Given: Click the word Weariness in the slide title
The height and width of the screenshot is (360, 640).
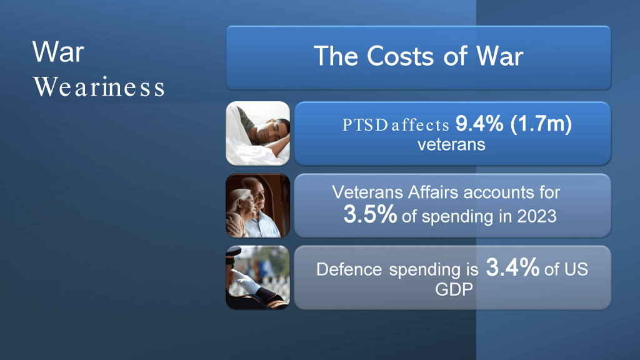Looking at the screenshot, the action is click(99, 87).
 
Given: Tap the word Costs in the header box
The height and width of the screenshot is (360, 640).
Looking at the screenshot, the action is click(400, 56).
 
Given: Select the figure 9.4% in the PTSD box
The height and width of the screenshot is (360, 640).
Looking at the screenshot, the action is click(479, 123).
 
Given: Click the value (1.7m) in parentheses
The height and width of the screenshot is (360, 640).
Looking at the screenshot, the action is click(541, 124).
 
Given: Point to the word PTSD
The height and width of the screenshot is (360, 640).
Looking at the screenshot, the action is click(364, 125).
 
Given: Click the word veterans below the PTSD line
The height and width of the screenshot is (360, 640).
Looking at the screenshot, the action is click(451, 144).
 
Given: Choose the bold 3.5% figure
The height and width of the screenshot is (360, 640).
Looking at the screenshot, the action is click(370, 214).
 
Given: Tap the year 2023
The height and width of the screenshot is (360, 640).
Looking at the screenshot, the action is click(537, 216).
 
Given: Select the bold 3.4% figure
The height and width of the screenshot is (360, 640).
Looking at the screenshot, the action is click(512, 267).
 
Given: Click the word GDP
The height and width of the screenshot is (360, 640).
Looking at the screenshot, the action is click(454, 289).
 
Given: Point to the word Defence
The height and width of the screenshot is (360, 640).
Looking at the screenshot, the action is click(349, 269).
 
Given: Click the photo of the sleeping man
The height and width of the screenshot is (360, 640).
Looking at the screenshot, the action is click(258, 134).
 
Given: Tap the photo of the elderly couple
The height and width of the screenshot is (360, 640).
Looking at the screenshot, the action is click(258, 206).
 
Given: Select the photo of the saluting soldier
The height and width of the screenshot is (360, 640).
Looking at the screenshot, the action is click(258, 277).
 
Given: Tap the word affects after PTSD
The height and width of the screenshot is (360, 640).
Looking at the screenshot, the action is click(421, 125).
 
